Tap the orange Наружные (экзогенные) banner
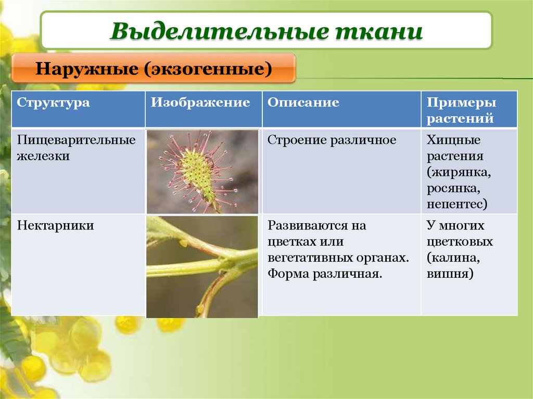click(x=154, y=68)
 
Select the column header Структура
click(x=53, y=102)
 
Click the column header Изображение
click(x=201, y=102)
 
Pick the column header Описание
click(x=303, y=102)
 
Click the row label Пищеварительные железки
click(x=76, y=148)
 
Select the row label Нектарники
click(x=56, y=226)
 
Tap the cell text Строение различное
click(x=332, y=140)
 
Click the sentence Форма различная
click(x=325, y=274)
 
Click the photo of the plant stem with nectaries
click(x=202, y=266)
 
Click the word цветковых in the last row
click(x=459, y=242)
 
